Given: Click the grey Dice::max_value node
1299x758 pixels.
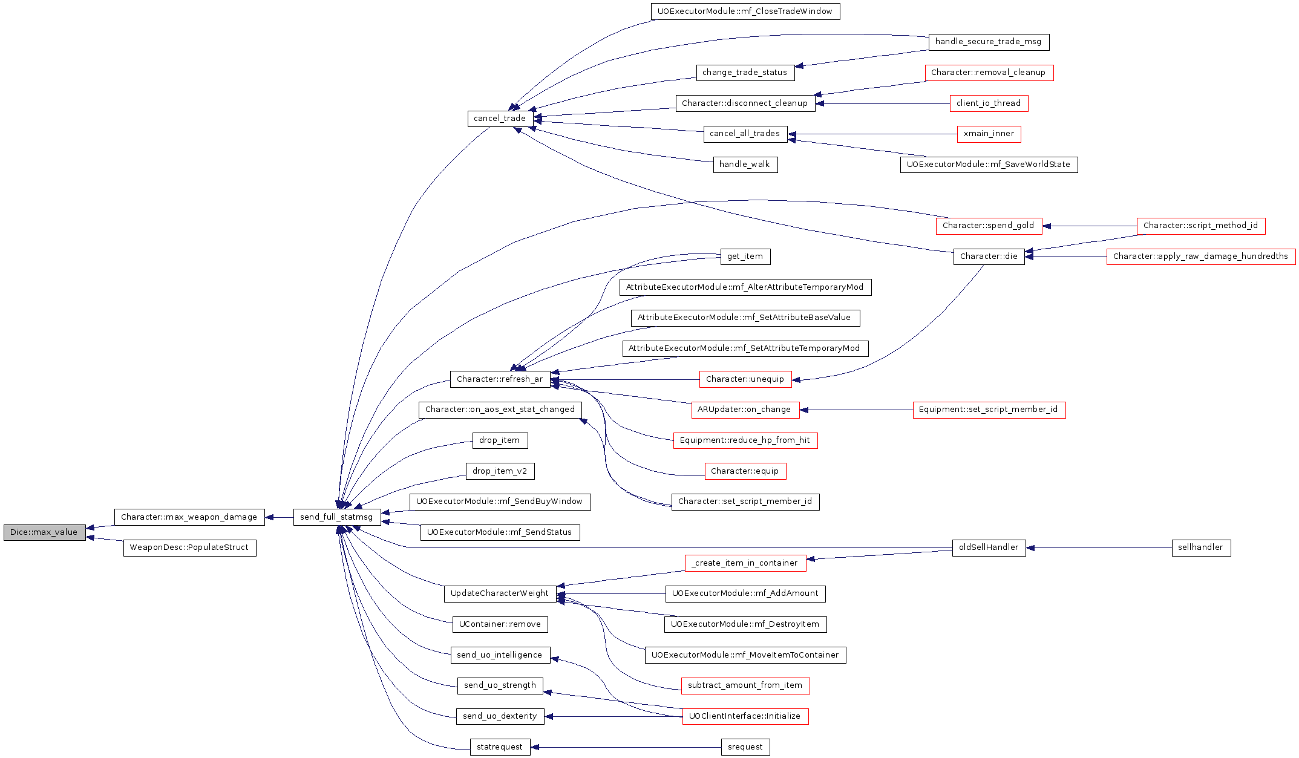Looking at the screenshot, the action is (x=44, y=532).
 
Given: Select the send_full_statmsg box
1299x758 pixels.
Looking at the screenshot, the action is (x=337, y=517).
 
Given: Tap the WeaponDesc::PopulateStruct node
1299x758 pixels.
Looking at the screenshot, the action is (x=189, y=548).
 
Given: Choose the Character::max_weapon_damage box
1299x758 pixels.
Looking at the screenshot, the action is (x=189, y=517).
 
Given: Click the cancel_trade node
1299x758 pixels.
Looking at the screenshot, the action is (x=500, y=119).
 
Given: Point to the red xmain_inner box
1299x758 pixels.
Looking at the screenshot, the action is (x=989, y=134).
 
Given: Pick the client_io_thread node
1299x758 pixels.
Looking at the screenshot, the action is (x=989, y=103).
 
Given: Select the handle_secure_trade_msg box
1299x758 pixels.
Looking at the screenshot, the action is (x=989, y=42).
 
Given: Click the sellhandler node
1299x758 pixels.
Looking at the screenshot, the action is (x=1201, y=548).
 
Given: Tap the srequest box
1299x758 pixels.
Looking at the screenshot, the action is (x=745, y=747).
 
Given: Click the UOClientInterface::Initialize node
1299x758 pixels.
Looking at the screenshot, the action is (x=745, y=716).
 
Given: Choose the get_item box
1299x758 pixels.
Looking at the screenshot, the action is (x=745, y=257).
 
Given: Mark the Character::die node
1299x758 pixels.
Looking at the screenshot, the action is (x=989, y=256).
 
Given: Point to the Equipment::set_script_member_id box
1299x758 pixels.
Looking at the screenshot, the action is (x=989, y=410).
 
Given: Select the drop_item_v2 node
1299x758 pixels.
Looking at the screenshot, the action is (x=500, y=471).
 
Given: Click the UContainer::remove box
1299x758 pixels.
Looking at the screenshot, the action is (x=500, y=625).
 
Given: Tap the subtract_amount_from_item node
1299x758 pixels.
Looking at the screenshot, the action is (x=745, y=686).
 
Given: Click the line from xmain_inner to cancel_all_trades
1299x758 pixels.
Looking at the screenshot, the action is (x=872, y=134).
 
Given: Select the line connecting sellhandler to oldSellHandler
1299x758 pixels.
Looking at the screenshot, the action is (x=1099, y=548).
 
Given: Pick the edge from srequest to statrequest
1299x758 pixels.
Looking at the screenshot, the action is (x=626, y=747).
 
